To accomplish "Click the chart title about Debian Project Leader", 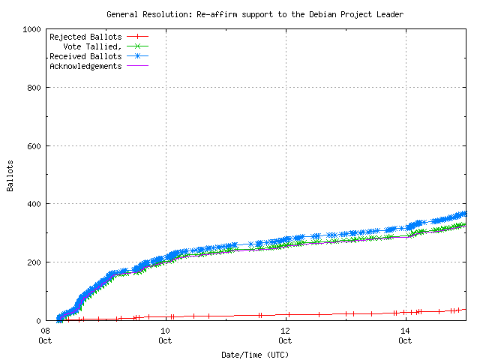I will [x=255, y=13].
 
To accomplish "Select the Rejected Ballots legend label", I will [x=85, y=37].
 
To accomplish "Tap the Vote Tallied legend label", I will [x=92, y=46].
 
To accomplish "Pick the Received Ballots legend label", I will [x=85, y=56].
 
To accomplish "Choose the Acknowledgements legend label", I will [x=85, y=66].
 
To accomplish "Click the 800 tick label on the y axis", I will [x=34, y=88].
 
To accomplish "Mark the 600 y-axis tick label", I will [x=34, y=145].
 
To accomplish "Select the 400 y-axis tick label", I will [x=34, y=204].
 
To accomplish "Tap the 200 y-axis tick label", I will [x=34, y=262].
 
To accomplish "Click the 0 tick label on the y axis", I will [x=38, y=320].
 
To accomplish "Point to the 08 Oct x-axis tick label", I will [x=45, y=335].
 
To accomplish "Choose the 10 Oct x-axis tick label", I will [x=165, y=335].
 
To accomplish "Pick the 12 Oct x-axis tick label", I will [x=285, y=335].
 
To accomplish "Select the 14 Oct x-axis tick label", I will [x=405, y=335].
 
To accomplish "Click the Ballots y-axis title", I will [x=10, y=175].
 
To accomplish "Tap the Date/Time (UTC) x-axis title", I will [x=255, y=354].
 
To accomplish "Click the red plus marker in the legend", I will [x=137, y=37].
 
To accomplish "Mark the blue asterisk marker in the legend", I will [x=137, y=56].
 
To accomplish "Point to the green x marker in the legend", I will [x=137, y=46].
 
